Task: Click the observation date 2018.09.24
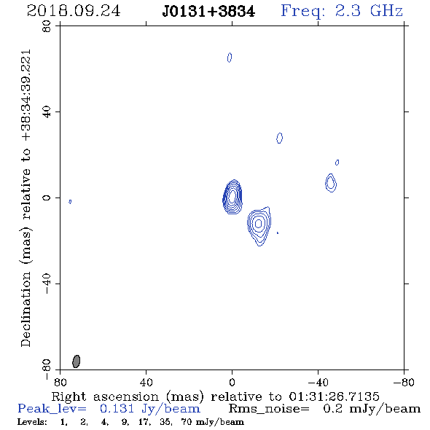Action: pos(74,11)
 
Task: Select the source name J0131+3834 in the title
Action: pos(208,12)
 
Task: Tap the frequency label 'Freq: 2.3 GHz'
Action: pos(342,11)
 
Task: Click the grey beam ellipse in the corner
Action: pos(77,361)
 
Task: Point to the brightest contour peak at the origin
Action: pos(232,196)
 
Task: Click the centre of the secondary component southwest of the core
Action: pos(258,224)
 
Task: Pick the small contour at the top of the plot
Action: pos(230,58)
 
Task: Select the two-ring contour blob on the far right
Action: pos(331,183)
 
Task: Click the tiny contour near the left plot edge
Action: pos(70,202)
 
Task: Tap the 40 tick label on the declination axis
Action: pos(47,112)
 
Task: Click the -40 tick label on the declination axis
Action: pos(47,284)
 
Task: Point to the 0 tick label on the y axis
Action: pos(47,198)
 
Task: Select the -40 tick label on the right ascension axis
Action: pos(318,382)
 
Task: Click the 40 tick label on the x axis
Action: pos(146,382)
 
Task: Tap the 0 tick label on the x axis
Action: pos(232,382)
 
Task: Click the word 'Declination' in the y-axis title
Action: pos(26,309)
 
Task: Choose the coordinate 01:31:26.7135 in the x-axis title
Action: pos(334,396)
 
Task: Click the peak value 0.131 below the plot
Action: pos(117,409)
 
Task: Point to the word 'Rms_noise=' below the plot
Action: pos(269,409)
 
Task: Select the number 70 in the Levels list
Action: pos(186,421)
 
